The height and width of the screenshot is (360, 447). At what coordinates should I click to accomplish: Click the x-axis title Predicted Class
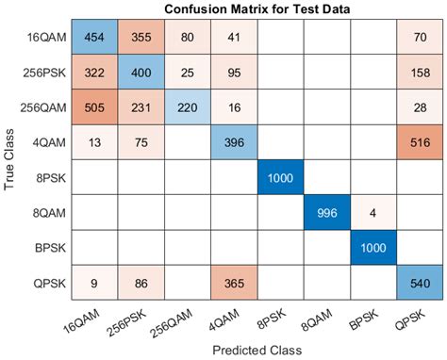click(257, 351)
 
